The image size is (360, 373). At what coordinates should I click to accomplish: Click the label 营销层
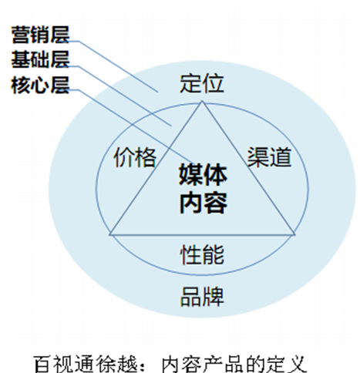pos(40,35)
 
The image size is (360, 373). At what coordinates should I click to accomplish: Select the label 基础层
pos(40,59)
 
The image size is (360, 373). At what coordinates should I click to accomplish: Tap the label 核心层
pos(40,85)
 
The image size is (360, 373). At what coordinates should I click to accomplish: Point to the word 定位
pos(202,83)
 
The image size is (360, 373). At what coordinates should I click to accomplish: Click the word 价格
pos(135,157)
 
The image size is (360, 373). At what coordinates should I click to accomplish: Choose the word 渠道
pos(269,157)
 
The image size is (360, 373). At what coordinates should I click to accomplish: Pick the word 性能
pos(202,254)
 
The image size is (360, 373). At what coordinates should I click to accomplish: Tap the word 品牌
pos(202,297)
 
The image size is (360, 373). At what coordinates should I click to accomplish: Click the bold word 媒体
pos(203,175)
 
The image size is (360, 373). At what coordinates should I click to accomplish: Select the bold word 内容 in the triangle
pos(203,203)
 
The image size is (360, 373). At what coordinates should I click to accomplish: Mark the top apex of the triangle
pos(202,101)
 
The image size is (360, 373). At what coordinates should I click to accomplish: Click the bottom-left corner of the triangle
pos(110,234)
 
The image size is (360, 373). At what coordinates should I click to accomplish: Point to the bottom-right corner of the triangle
pos(294,234)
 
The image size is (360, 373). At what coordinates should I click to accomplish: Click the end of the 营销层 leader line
pos(158,92)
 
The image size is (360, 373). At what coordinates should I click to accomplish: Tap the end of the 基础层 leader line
pos(171,126)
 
